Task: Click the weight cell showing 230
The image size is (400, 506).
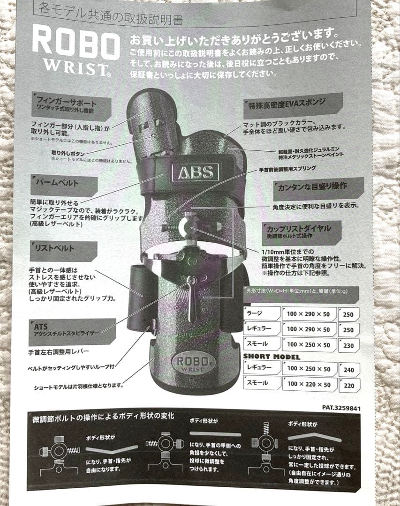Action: tap(348, 345)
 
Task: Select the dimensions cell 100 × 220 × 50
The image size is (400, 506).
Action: tap(309, 385)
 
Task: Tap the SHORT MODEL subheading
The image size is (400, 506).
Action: tap(272, 357)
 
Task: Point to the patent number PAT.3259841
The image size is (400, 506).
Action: tap(341, 408)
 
